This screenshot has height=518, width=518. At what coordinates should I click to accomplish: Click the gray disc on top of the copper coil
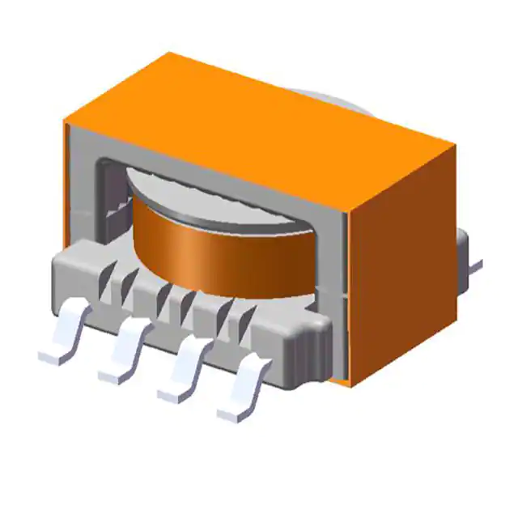coord(210,190)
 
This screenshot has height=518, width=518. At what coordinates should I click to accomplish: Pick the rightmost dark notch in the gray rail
coord(240,312)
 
